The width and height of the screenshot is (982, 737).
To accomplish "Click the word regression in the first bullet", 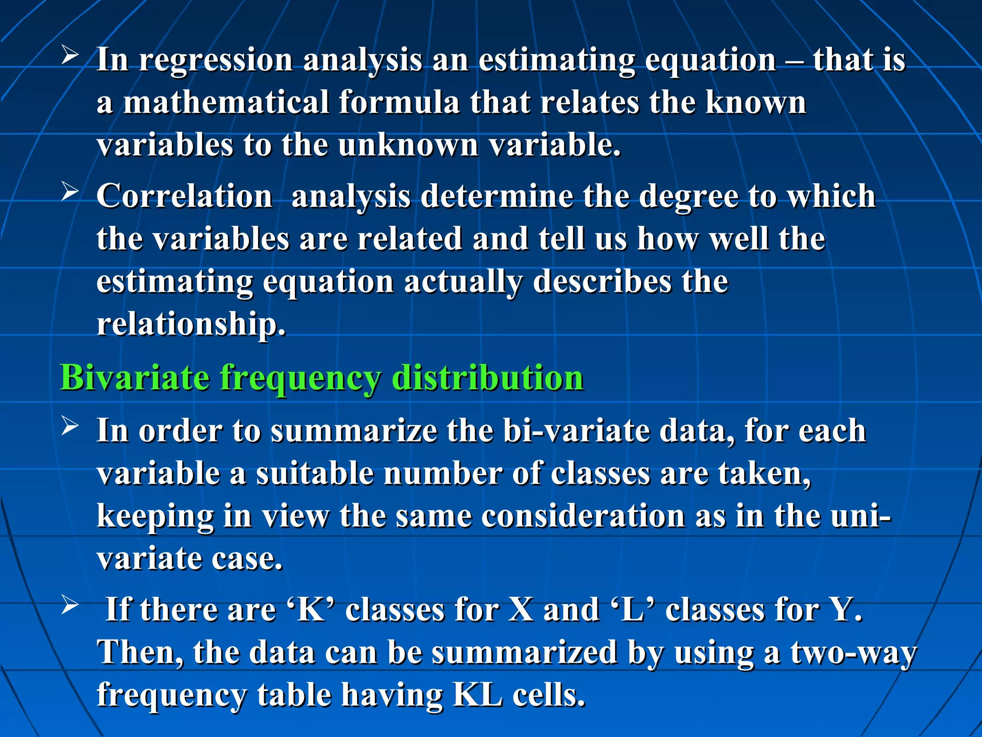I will click(x=215, y=60).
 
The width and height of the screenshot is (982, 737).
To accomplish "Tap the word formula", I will click(x=399, y=102).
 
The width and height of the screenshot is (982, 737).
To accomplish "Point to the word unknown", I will click(x=408, y=145).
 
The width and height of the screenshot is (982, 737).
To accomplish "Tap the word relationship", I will click(x=191, y=324).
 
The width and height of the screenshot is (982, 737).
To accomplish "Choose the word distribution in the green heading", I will click(x=488, y=378).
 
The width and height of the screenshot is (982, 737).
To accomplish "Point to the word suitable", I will click(x=315, y=473).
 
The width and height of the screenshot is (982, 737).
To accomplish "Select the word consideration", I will click(x=583, y=516).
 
